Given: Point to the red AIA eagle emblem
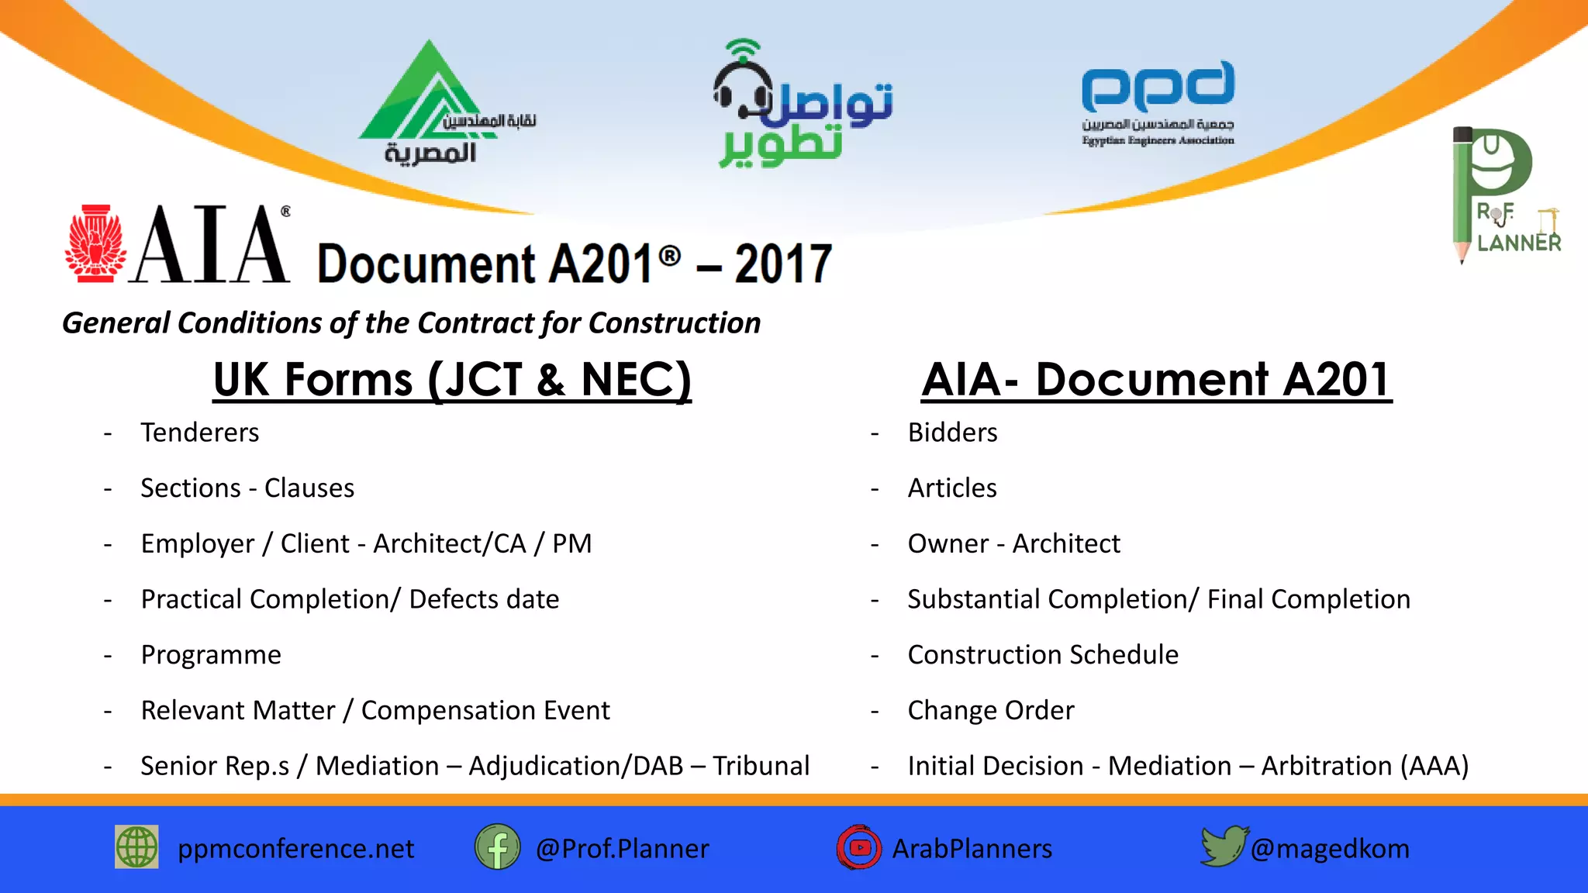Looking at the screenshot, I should click(95, 244).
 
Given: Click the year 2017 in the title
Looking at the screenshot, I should click(783, 264).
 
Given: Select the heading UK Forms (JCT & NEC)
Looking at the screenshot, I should click(452, 380).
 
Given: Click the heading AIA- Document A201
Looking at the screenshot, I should click(1156, 380).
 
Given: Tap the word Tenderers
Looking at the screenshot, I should click(200, 433).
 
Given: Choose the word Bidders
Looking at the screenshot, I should click(952, 433).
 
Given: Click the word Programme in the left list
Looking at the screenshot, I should click(211, 655).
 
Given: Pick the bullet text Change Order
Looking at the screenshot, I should click(991, 710).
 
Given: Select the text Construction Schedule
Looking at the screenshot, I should click(1043, 655).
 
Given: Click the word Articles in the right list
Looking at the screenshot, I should click(952, 488).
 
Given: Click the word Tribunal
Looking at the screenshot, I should click(761, 766).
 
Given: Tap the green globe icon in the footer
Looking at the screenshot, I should click(136, 846).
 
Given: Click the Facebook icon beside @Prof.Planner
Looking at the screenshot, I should click(497, 847).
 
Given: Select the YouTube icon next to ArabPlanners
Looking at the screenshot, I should click(859, 847).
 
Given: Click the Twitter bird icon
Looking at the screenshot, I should click(1224, 846).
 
